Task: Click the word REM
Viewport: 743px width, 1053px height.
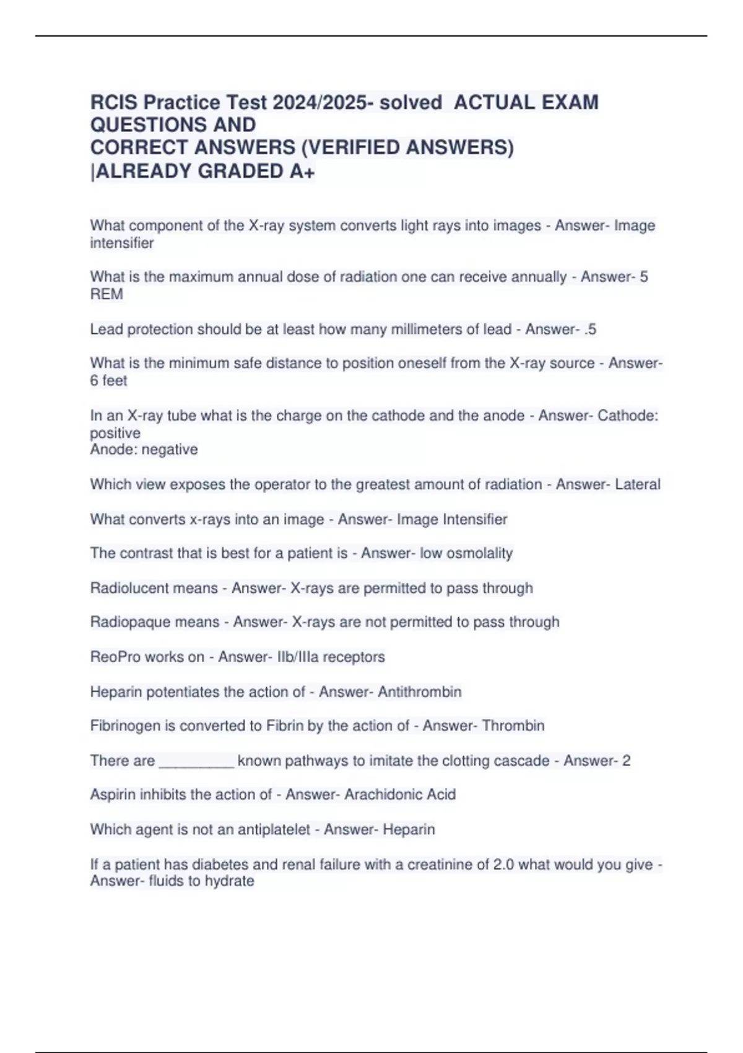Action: pos(106,294)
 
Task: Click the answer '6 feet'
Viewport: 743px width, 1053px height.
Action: pos(108,380)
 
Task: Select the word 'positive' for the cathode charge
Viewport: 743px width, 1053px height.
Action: pos(115,433)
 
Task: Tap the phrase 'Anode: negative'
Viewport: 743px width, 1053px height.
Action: pos(144,449)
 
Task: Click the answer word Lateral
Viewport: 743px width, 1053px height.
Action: pos(637,484)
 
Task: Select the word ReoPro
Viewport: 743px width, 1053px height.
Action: pos(114,657)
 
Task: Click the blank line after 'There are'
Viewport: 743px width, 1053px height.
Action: pos(196,762)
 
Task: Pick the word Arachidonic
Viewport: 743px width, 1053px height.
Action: pos(373,795)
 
